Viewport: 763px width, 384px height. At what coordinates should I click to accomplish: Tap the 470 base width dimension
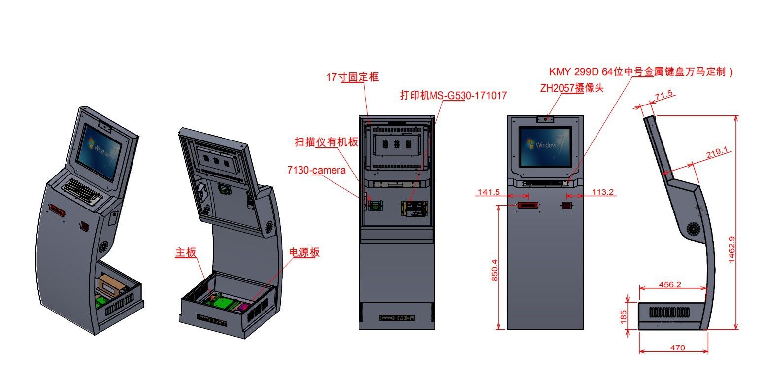coord(677,348)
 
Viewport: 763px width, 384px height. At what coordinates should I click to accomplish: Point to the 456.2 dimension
coord(669,284)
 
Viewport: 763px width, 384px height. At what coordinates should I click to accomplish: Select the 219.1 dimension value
coord(716,153)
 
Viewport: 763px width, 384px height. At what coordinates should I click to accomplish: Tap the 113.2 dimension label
coord(603,192)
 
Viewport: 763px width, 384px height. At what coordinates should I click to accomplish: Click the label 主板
coord(186,252)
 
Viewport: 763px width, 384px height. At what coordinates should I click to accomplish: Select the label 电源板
coord(304,252)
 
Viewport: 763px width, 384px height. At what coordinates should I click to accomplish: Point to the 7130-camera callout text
coord(316,170)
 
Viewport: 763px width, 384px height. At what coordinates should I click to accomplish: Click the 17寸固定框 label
coord(353,77)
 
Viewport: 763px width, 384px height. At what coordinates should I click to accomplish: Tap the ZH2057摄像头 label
coord(571,88)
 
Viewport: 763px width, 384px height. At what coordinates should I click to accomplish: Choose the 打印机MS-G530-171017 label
coord(454,95)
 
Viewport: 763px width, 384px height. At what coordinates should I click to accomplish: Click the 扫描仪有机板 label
coord(326,142)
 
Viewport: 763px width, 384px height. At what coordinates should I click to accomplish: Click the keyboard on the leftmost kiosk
coord(83,192)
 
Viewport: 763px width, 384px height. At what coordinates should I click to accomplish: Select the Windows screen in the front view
coord(545,146)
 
